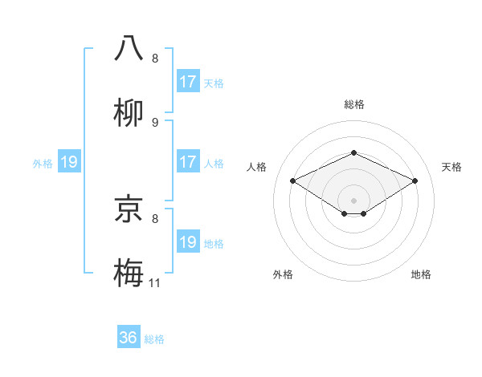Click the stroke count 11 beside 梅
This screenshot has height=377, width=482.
(155, 282)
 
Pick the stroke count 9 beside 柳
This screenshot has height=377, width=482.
(155, 122)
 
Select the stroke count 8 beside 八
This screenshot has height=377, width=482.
(155, 58)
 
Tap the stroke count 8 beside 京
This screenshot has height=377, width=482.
(155, 217)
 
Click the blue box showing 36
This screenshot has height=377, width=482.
(129, 338)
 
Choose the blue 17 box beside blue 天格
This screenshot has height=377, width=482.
(188, 82)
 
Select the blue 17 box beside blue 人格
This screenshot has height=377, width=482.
(188, 162)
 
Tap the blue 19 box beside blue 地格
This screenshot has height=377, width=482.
(188, 242)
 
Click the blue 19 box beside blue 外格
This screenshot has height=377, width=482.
(69, 162)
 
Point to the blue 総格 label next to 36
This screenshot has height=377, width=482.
(154, 339)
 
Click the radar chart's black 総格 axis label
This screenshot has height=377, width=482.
(353, 104)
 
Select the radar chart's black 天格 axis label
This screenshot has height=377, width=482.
(451, 167)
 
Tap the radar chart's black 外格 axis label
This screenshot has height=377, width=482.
(283, 274)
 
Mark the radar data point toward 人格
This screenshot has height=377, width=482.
(292, 181)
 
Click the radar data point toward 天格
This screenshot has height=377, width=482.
(415, 181)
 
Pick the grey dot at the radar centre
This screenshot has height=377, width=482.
(353, 200)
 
